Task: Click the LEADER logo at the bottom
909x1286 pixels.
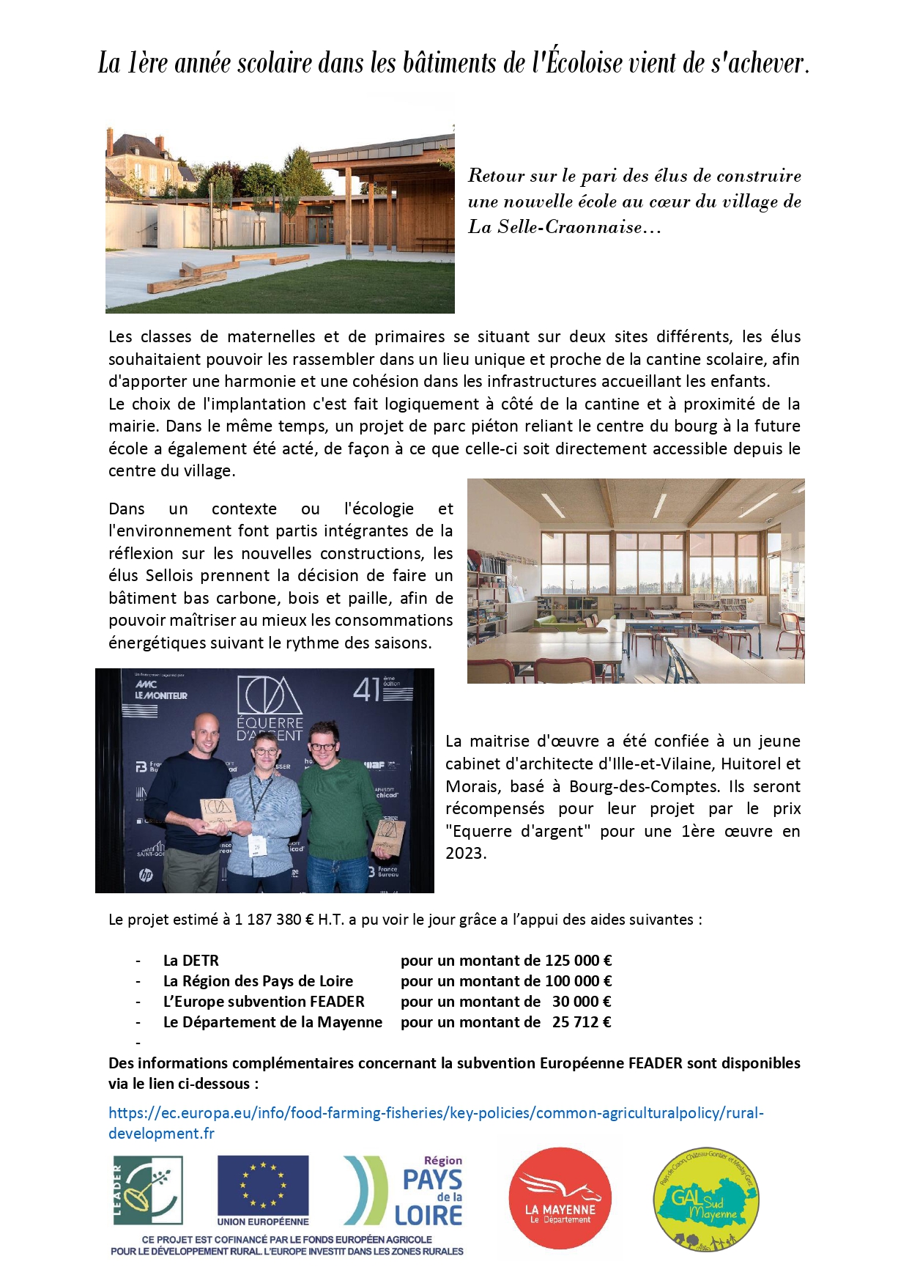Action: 148,1190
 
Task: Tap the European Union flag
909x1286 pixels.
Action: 263,1185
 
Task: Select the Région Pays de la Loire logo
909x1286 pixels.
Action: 404,1190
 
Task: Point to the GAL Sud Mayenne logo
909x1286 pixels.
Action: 706,1199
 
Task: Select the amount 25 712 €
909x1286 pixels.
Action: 581,1022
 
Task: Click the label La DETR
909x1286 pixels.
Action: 191,961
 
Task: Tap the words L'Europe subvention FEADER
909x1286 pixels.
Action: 264,1002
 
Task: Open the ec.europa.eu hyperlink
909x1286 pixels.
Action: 435,1113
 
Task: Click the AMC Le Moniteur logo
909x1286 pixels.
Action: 160,690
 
